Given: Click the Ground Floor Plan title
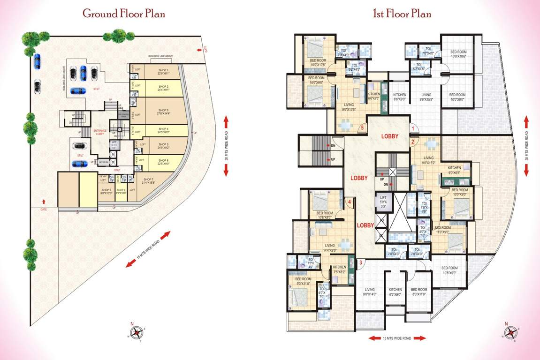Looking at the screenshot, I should coord(123,14).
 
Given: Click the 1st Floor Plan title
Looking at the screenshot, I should coord(402,14).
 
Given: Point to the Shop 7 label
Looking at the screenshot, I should coord(149,181).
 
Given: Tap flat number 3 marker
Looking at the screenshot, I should coord(360,262).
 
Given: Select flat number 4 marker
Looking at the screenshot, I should coord(350,202).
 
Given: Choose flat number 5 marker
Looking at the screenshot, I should coord(362,127).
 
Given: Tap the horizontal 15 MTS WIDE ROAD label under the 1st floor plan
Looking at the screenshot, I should coord(397,338).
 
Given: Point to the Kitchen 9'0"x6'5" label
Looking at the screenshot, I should coord(454,170).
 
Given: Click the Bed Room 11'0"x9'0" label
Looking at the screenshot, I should coord(443,230).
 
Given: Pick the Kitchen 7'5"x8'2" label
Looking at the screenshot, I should coord(339,269).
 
